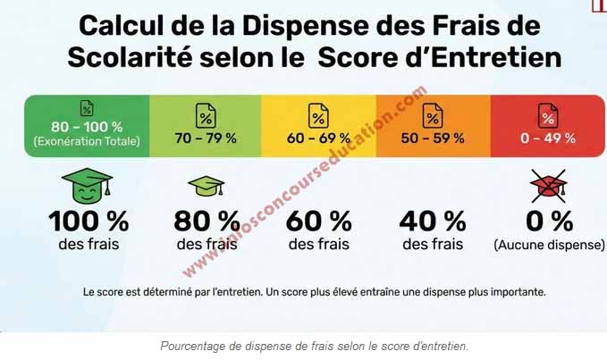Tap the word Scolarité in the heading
tap(131, 59)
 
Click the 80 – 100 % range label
tap(88, 128)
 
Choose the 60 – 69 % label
tap(317, 138)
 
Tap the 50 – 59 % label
tap(432, 138)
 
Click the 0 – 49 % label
tap(547, 138)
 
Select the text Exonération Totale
tap(88, 141)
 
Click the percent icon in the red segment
tap(547, 114)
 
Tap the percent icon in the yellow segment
tap(317, 114)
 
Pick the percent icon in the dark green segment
tap(88, 108)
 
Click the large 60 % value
tap(318, 220)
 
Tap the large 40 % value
tap(433, 220)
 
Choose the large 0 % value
tap(547, 220)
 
